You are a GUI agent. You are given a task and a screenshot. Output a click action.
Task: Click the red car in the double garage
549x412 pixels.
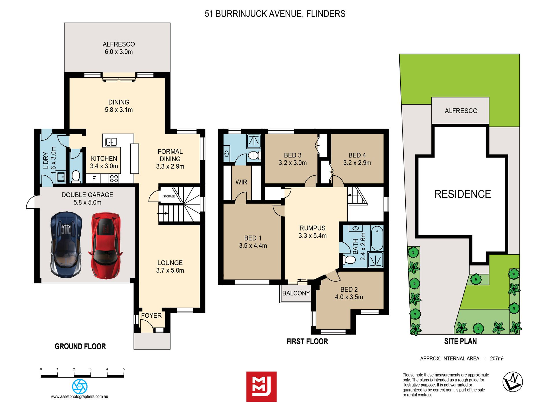point(105,246)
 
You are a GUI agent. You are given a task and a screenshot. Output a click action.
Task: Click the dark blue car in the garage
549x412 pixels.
point(66,245)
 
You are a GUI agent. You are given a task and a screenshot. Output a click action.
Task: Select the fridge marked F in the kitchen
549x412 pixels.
point(94,179)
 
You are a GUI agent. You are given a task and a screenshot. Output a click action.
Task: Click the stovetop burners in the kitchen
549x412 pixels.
point(114,178)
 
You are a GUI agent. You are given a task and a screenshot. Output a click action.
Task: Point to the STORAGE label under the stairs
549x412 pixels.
point(169,196)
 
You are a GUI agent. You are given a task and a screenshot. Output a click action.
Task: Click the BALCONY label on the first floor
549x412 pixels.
point(296,293)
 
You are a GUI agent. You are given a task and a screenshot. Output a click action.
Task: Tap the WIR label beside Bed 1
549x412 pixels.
point(241,182)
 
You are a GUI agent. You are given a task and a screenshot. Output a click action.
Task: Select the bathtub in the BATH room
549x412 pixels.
point(377,238)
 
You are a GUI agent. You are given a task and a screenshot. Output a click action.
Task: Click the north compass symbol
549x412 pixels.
point(513,382)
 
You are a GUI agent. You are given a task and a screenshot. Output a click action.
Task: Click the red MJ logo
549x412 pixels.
point(261,387)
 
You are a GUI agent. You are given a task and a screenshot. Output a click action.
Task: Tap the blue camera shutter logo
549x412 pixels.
point(80,386)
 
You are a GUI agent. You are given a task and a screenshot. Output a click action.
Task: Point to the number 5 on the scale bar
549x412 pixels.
point(124,369)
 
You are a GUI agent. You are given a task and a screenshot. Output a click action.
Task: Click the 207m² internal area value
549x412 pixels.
point(497,359)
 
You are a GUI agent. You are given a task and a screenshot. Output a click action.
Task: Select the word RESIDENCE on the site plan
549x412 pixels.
point(463,194)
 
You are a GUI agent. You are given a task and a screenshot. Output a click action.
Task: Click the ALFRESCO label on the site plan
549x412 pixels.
point(461,111)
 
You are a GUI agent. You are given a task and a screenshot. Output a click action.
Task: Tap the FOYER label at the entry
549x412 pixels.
point(151,315)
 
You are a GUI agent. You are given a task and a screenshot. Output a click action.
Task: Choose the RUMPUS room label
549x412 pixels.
point(312,228)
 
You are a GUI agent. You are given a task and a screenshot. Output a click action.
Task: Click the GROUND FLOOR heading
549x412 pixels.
point(80,346)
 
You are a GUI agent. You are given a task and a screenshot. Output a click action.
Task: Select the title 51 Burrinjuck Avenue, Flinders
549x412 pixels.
point(275,14)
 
